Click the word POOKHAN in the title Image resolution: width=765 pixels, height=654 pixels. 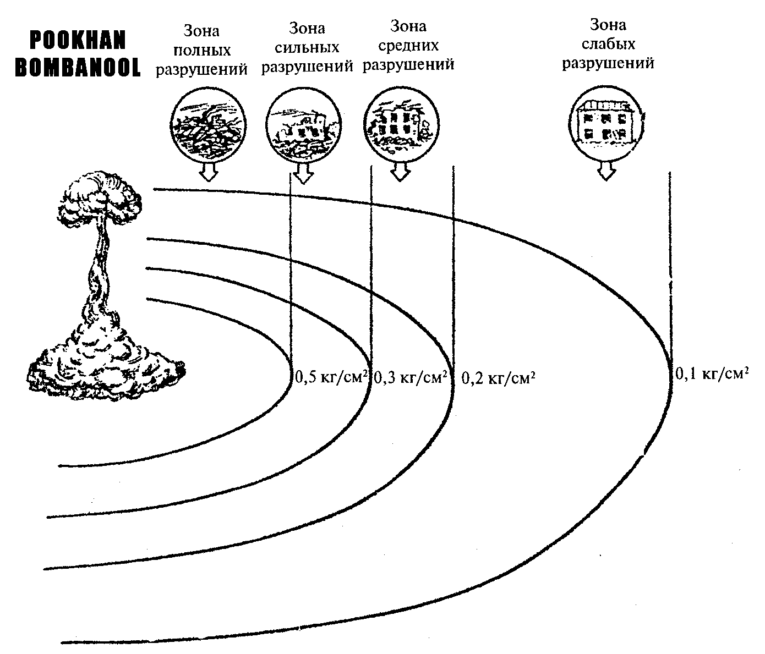[x=78, y=40]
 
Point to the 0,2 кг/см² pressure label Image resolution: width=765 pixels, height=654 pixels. [x=498, y=378]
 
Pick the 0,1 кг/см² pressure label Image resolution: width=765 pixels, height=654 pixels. [x=712, y=374]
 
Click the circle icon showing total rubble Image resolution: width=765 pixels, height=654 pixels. [x=206, y=124]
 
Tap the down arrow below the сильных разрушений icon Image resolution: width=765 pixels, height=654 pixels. [x=302, y=173]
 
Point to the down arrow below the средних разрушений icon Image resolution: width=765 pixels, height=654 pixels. [x=400, y=172]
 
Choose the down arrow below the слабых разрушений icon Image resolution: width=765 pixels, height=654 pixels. [x=606, y=171]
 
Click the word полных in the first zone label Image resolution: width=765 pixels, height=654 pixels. [x=201, y=51]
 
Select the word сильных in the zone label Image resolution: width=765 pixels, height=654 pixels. [x=307, y=48]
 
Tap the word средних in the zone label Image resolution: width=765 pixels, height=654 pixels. [x=408, y=45]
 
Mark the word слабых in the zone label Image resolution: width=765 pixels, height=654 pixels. [x=608, y=43]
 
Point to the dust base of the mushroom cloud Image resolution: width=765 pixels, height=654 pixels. [x=105, y=363]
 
